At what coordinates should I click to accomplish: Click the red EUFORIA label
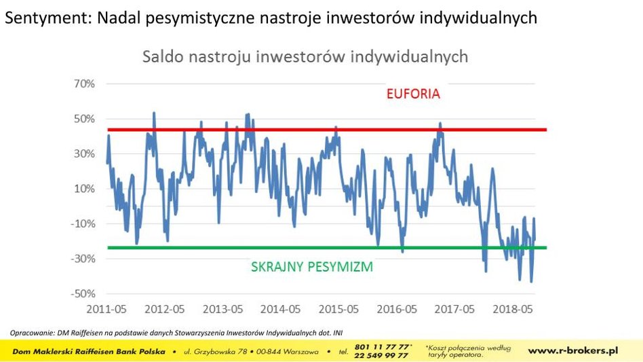pos(413,94)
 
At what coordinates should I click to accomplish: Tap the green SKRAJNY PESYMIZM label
pos(312,267)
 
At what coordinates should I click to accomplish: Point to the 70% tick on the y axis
pos(84,84)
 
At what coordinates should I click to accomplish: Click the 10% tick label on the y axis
pos(84,189)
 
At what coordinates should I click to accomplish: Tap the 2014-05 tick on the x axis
pos(282,310)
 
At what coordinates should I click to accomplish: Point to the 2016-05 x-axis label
pos(398,310)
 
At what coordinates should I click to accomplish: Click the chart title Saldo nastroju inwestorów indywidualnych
pos(305,57)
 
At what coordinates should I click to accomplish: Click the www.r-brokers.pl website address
pos(573,350)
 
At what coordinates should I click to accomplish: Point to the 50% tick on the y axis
pos(84,119)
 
